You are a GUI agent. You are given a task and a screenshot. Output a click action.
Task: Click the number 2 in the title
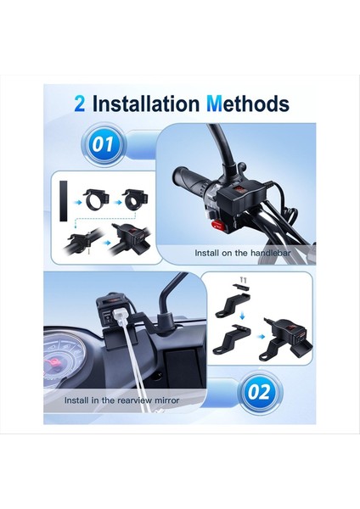tap(79, 104)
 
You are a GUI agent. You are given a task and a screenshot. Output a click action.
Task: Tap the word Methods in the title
tap(247, 104)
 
